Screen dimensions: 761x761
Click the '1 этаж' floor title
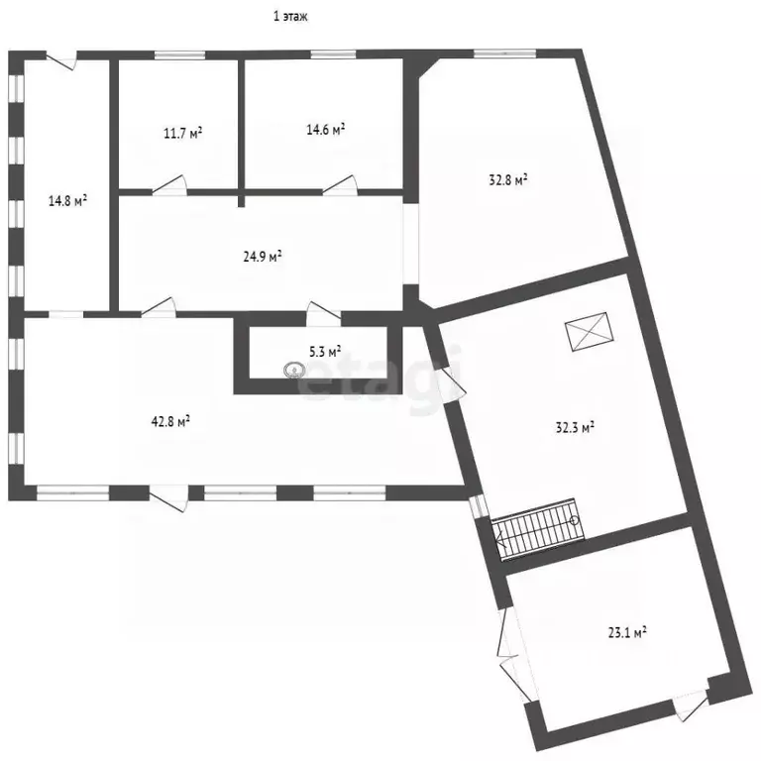coord(290,17)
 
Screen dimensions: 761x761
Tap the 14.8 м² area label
coord(67,200)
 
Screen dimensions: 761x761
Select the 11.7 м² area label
coord(182,133)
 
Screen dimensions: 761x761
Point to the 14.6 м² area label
coord(326,129)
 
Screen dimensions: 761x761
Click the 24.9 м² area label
coord(263,256)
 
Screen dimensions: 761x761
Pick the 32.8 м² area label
coord(508,180)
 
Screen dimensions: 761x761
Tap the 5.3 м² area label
coord(325,351)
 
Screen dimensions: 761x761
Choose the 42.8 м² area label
coord(170,421)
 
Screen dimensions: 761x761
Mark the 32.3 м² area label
coord(575,428)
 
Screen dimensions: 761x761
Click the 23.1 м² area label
coord(627,632)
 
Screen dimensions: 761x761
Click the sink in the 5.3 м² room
coord(293,371)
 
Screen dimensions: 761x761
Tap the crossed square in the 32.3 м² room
coord(590,332)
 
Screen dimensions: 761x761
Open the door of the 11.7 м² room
coord(169,186)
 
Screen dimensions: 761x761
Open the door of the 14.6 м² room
coord(340,186)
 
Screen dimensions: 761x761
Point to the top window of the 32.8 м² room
coord(504,54)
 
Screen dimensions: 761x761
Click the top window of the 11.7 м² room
coord(179,54)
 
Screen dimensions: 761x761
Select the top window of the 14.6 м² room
coord(333,54)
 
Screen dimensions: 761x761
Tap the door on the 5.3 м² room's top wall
coord(323,313)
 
